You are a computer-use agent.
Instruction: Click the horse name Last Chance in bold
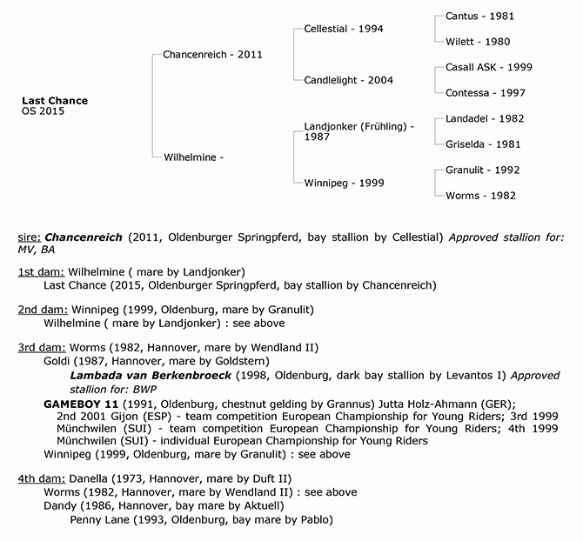coord(54,101)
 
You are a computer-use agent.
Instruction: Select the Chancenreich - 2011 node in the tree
coord(212,55)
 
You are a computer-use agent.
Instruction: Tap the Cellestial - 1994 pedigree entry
coord(344,29)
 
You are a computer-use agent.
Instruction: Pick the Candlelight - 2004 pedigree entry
coord(348,80)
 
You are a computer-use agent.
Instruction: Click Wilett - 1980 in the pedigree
coord(477,41)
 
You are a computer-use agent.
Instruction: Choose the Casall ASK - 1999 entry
coord(488,67)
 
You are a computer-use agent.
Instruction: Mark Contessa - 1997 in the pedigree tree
coord(485,92)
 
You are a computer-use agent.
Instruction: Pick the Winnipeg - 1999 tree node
coord(345,184)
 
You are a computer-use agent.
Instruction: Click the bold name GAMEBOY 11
coord(79,404)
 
